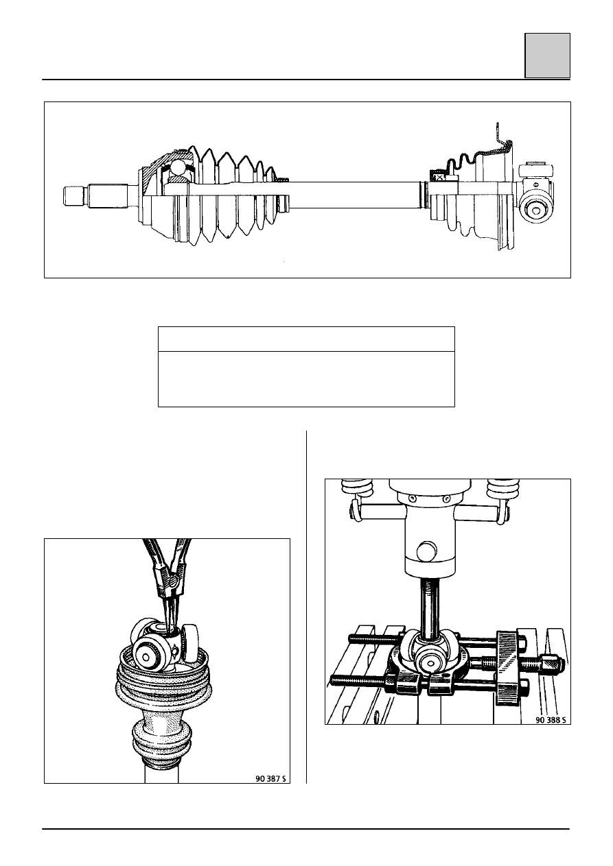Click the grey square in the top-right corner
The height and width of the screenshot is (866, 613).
coord(547,56)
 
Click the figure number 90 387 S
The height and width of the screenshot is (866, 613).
coord(270,779)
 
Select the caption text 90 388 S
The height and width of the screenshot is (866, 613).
coord(551,720)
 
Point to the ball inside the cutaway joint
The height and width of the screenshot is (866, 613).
coord(180,168)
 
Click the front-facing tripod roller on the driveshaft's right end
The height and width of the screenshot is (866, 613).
coord(536,210)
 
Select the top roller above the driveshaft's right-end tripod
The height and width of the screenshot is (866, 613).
coord(537,170)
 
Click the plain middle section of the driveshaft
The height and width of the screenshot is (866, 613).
coord(354,195)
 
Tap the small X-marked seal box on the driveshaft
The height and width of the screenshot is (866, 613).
coord(439,178)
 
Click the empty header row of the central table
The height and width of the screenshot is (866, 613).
coord(306,339)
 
